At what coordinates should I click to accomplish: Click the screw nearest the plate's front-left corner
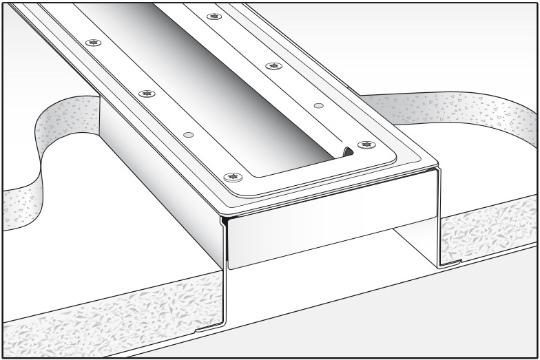coord(232,177)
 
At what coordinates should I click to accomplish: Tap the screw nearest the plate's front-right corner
coord(366,145)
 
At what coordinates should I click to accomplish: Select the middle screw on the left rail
coord(145,93)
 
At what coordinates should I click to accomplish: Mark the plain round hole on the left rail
coord(189,134)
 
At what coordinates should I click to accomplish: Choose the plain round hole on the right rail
coord(318,105)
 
